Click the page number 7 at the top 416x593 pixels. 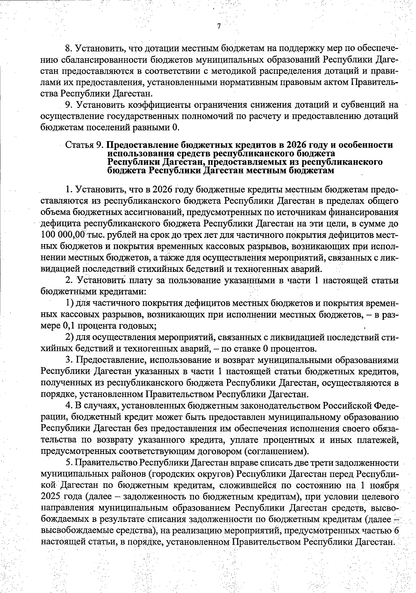pos(218,26)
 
